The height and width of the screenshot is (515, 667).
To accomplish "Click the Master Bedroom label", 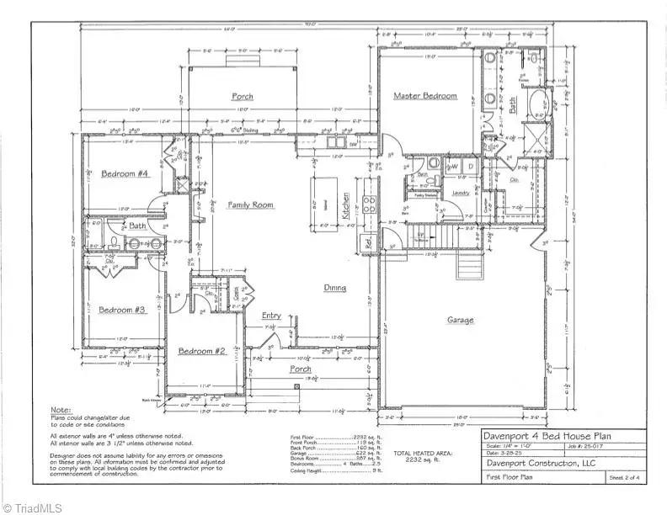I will click(425, 96).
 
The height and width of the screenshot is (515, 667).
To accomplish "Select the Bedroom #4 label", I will click(125, 174).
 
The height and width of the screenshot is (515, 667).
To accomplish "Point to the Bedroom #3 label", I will click(123, 310).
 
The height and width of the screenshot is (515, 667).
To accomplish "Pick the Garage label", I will click(460, 320).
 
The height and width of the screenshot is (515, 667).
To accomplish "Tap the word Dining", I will click(336, 288).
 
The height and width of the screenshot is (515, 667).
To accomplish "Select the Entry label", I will click(271, 316).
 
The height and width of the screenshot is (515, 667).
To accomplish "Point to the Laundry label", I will click(460, 194).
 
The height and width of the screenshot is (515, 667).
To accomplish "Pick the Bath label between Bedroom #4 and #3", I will click(137, 226).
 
